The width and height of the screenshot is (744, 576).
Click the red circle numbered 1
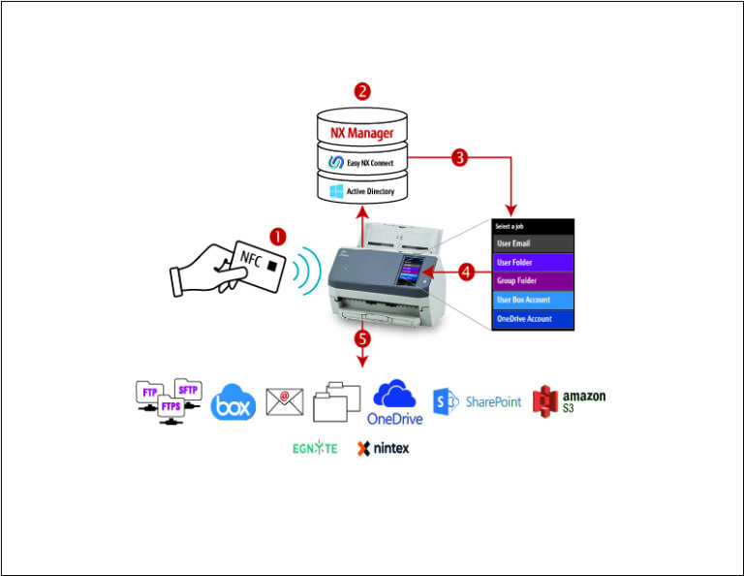click(x=278, y=236)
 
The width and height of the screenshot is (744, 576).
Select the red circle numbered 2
click(x=362, y=92)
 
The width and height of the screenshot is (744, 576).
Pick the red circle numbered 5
click(x=363, y=338)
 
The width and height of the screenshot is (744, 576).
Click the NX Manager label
click(x=361, y=129)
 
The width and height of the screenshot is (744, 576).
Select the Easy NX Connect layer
click(x=361, y=162)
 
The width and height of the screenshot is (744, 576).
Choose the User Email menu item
click(x=533, y=243)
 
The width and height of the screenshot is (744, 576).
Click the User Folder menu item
click(x=533, y=262)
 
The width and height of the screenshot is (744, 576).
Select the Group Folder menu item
click(x=533, y=280)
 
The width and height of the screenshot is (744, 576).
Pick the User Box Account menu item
click(x=533, y=300)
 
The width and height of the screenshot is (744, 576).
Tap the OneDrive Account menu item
click(x=533, y=318)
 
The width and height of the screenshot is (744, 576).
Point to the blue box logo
click(x=233, y=402)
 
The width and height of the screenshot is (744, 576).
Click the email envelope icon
click(x=285, y=401)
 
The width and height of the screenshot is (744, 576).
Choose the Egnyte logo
click(x=315, y=449)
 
